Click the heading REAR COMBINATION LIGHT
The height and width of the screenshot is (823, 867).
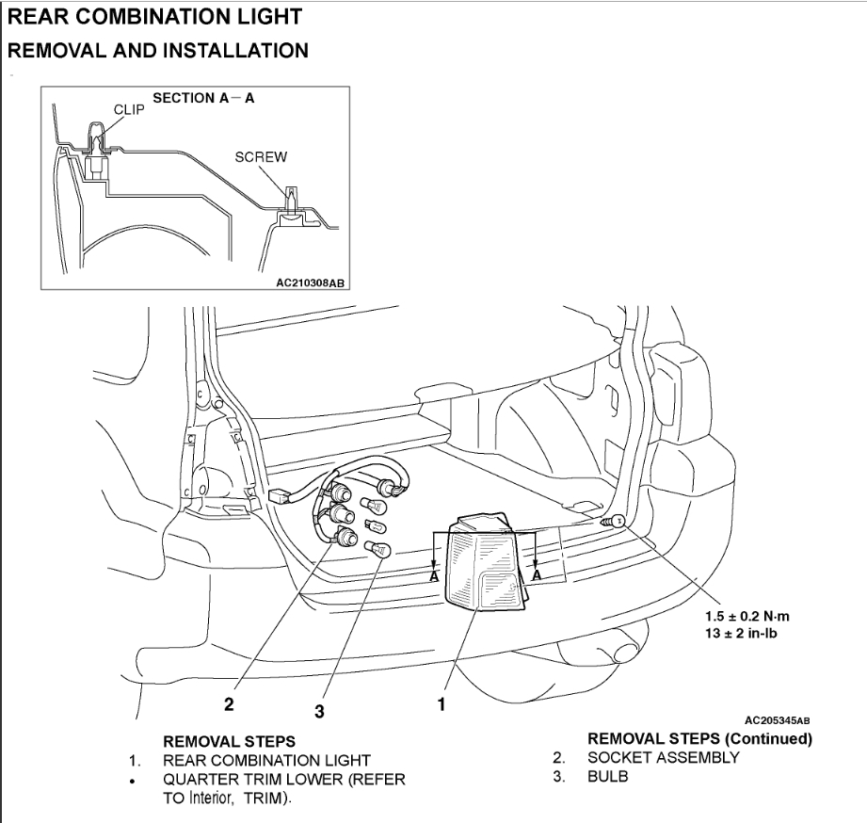(x=155, y=17)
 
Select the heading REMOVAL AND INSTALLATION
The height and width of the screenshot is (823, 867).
(x=158, y=50)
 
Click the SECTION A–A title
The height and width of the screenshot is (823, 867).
(x=203, y=99)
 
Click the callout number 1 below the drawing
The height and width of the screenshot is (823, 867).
(x=441, y=702)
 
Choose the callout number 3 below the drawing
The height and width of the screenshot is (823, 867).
(x=319, y=712)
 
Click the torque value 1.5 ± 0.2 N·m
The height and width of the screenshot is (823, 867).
(x=748, y=616)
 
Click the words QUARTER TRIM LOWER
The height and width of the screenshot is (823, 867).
(x=247, y=780)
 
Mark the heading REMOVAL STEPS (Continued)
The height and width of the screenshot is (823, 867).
(x=699, y=738)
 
